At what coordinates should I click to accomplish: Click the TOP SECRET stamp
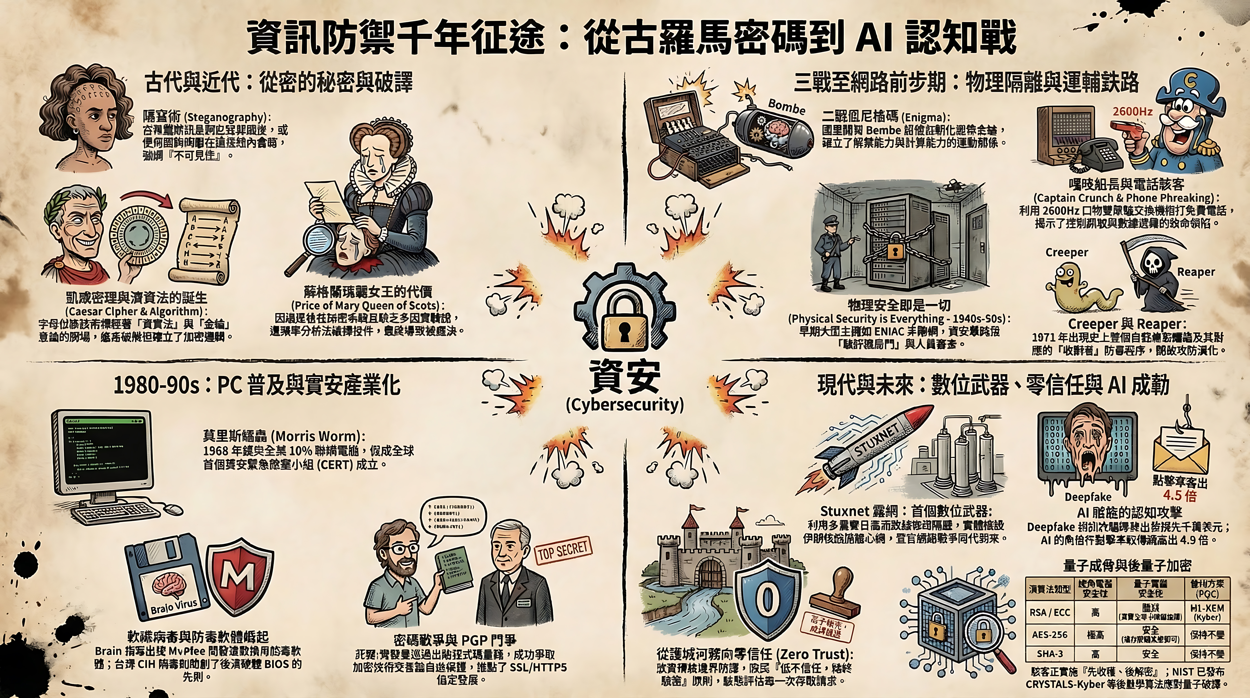point(563,551)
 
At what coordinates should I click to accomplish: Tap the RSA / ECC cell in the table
point(1050,613)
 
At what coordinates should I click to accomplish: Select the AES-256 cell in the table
point(1050,634)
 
